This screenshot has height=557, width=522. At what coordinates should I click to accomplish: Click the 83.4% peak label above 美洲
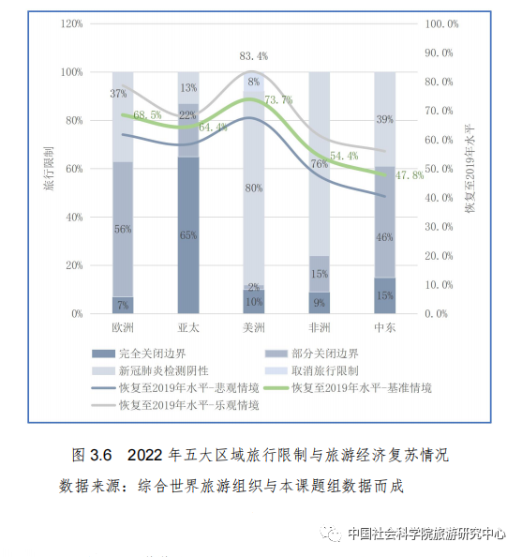click(x=254, y=56)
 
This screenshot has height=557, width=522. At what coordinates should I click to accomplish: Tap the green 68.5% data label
click(x=147, y=115)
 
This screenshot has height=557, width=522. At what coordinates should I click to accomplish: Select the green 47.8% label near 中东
click(x=410, y=175)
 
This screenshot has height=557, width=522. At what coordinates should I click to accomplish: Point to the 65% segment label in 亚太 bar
click(x=188, y=235)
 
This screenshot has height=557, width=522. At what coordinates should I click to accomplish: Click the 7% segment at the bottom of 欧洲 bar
click(x=123, y=305)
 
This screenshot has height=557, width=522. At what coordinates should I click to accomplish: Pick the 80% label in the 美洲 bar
click(x=254, y=188)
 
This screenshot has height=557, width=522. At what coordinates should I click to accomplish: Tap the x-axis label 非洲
click(x=320, y=327)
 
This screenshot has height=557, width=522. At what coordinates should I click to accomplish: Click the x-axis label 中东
click(x=385, y=327)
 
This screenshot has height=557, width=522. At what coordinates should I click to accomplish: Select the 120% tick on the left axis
click(x=72, y=23)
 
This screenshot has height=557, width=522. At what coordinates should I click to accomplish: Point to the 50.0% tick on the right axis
click(x=439, y=169)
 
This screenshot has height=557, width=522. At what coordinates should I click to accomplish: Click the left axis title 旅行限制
click(x=49, y=169)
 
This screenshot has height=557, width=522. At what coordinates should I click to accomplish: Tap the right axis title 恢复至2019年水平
click(x=470, y=169)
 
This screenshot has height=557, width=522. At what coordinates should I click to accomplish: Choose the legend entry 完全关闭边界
click(x=139, y=354)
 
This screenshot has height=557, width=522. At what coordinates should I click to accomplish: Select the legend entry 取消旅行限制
click(x=312, y=370)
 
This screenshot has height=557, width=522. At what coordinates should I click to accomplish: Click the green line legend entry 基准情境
click(x=349, y=388)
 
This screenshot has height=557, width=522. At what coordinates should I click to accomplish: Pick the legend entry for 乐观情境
click(x=175, y=405)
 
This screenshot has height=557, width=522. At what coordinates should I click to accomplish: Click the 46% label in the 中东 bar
click(x=384, y=237)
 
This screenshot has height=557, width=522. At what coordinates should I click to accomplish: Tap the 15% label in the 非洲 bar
click(x=320, y=274)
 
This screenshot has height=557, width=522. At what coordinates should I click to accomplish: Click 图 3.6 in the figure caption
click(x=92, y=455)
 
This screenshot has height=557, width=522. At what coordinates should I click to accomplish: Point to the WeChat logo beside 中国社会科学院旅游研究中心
click(x=331, y=534)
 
